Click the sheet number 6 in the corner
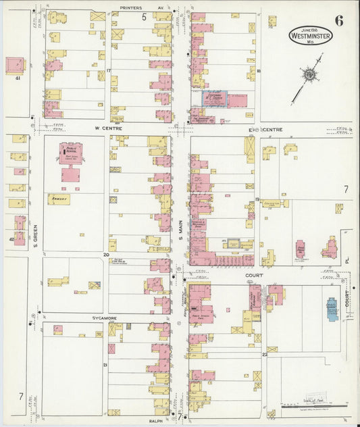click(338, 20)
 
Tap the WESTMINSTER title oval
click(310, 35)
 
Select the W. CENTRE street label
click(107, 126)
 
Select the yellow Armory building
click(59, 199)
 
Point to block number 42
click(11, 239)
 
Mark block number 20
click(105, 255)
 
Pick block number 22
click(265, 353)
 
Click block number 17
click(108, 70)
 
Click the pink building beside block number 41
click(14, 66)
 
